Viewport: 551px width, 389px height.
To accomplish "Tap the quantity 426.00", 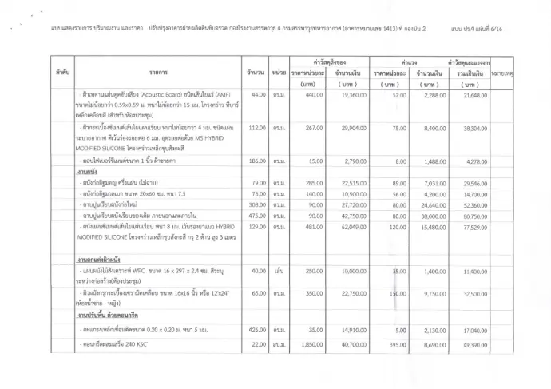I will [258, 328].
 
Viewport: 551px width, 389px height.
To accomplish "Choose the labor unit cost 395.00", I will [391, 343].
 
